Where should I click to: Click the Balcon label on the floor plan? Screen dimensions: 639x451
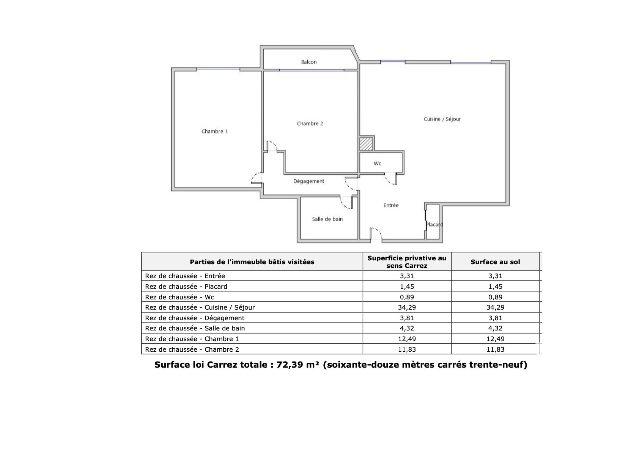click(308, 62)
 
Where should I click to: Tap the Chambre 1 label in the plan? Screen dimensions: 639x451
click(214, 132)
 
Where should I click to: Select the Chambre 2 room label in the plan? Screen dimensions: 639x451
click(310, 124)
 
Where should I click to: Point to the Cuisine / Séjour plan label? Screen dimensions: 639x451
click(442, 119)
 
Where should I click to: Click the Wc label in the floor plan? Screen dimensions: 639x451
click(378, 163)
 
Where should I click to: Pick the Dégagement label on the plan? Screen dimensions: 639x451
click(308, 181)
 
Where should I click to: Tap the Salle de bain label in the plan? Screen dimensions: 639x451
click(327, 219)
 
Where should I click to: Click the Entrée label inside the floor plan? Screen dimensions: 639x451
click(391, 205)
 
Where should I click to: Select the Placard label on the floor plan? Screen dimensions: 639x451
click(434, 224)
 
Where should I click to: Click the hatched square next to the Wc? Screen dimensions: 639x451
click(366, 144)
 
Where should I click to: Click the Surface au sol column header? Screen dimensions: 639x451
click(495, 262)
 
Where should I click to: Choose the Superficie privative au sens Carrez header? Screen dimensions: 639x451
click(407, 262)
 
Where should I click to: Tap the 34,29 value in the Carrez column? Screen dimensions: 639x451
click(407, 307)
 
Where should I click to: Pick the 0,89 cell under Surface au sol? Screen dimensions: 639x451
click(495, 297)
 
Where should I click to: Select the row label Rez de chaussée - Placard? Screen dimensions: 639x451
click(186, 287)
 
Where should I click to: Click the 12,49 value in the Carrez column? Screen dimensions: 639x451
click(407, 339)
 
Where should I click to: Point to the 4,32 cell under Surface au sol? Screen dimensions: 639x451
click(495, 328)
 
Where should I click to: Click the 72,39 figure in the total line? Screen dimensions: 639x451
click(290, 365)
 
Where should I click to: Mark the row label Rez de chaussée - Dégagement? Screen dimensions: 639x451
click(195, 318)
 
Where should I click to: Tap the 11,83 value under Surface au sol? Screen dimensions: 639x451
click(495, 349)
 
